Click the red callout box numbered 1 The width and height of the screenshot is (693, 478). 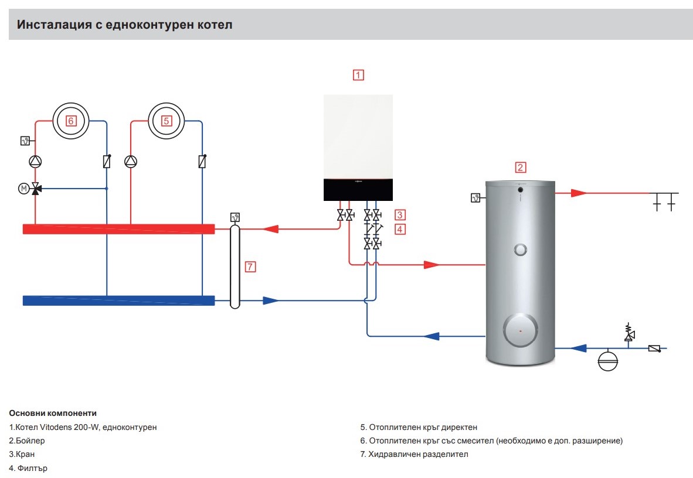coord(358,74)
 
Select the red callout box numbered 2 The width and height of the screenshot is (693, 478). coord(520,168)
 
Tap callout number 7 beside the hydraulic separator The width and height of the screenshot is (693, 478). coord(250,267)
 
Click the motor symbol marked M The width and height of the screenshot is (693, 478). coord(24,189)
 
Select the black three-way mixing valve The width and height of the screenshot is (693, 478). coord(36,189)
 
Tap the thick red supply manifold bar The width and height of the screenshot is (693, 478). coord(118,229)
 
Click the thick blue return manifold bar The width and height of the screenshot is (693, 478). coord(118,301)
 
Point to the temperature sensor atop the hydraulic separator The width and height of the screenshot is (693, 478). coord(235,217)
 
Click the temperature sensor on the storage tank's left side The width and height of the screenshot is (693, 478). coord(475,198)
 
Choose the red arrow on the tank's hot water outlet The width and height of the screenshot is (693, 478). coord(579,193)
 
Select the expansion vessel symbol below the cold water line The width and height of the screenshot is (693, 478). coord(608,361)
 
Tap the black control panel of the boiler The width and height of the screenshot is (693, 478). coord(358,190)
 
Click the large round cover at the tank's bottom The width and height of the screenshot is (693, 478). coord(521,330)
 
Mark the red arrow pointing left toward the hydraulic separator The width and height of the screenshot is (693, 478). coord(270,229)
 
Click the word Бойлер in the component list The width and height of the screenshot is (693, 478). coord(30,441)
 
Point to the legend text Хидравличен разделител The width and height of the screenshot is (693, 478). coord(418,454)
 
